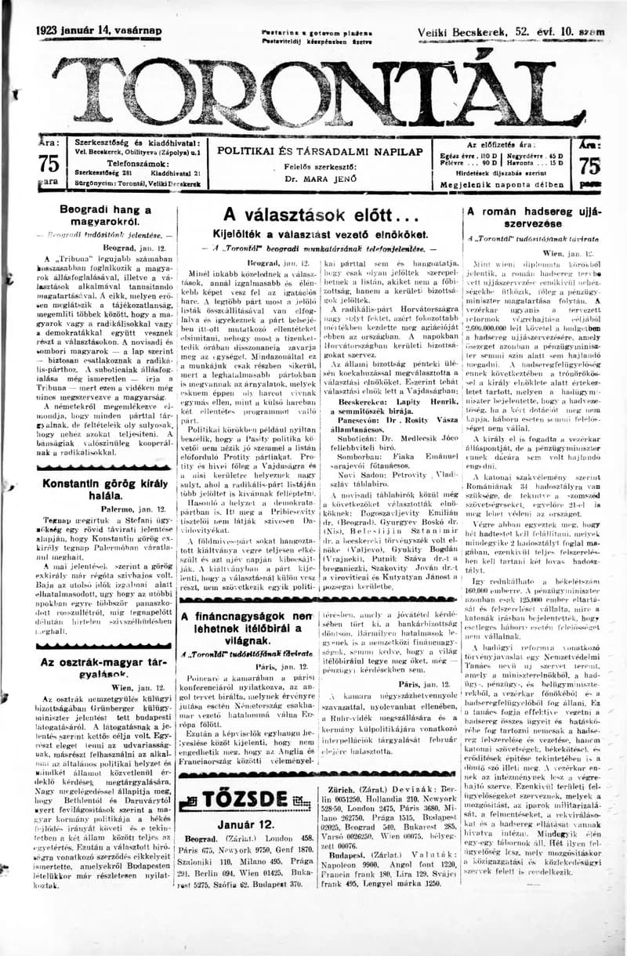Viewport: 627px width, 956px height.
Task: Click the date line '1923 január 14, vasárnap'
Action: point(99,31)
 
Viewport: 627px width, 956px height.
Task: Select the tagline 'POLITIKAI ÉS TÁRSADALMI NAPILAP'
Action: point(320,150)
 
